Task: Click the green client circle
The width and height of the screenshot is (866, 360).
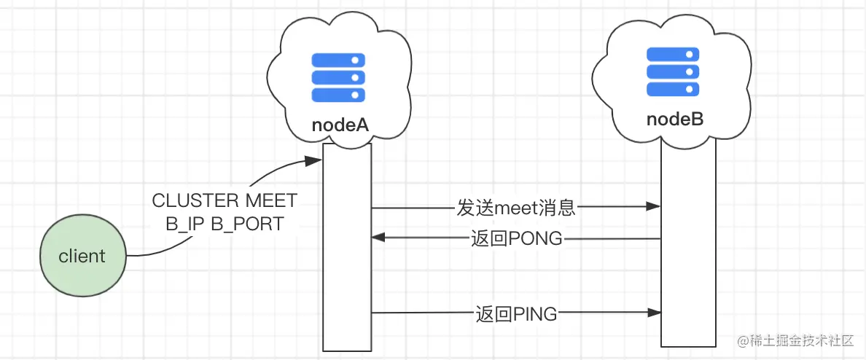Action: (x=82, y=257)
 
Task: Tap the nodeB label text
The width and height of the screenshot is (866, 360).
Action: (x=675, y=119)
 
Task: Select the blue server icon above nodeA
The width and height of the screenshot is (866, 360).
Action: (x=338, y=77)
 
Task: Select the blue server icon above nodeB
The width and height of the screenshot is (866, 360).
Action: (x=674, y=71)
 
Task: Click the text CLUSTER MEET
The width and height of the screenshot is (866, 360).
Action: (x=225, y=201)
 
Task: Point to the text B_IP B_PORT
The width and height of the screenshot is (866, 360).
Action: (x=225, y=224)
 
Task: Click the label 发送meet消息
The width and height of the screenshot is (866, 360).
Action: (x=516, y=208)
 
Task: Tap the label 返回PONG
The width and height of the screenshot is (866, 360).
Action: (x=516, y=238)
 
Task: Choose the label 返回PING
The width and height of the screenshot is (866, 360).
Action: (x=516, y=314)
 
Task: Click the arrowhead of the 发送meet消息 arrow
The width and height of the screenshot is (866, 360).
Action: (x=655, y=208)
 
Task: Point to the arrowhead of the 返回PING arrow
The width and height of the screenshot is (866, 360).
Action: (x=655, y=313)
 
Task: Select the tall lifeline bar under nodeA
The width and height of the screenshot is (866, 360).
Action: (x=347, y=248)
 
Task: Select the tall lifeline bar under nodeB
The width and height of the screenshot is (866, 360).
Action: (x=688, y=248)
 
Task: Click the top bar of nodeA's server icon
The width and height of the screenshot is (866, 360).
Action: (x=338, y=60)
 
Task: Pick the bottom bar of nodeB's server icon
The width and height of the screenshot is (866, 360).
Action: (x=674, y=89)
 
